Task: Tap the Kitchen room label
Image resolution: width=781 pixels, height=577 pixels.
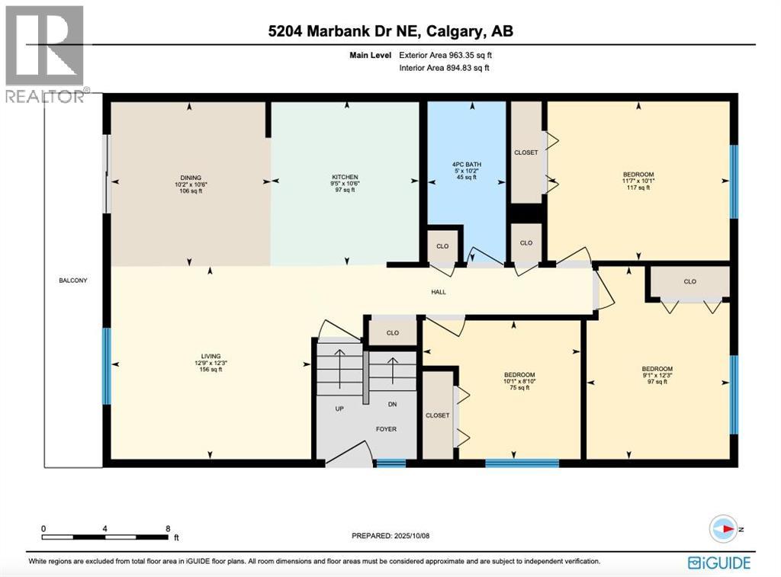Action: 345,178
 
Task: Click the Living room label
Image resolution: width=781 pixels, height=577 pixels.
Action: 211,356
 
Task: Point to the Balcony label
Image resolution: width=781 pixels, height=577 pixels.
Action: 73,280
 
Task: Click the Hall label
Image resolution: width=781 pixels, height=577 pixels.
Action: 438,291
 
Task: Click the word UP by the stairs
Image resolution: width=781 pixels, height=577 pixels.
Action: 340,409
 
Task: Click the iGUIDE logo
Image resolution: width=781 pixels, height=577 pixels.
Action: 719,563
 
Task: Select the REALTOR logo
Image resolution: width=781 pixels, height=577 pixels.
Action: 44,53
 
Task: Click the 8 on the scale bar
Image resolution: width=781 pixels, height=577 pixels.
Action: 167,528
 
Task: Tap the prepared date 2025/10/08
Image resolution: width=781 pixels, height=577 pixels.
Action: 391,536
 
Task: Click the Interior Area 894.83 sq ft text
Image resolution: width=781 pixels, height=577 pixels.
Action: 444,68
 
